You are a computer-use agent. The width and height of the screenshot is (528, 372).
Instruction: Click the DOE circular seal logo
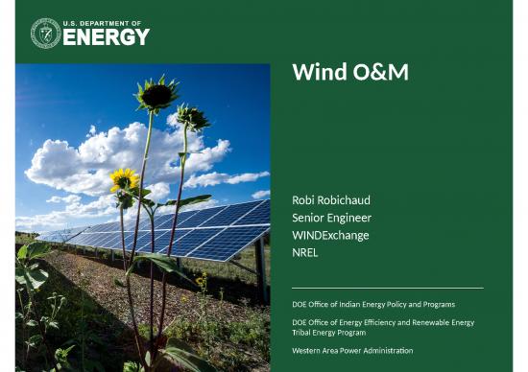(x=45, y=33)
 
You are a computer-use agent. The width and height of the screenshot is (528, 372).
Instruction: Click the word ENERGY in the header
(x=106, y=37)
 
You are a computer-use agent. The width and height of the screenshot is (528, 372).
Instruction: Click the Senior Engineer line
(x=331, y=218)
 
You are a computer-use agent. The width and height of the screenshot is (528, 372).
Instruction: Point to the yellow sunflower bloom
(x=123, y=179)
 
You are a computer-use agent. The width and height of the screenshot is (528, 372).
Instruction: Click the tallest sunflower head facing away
(x=156, y=95)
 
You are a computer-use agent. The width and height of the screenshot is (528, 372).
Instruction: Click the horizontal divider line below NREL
(x=387, y=287)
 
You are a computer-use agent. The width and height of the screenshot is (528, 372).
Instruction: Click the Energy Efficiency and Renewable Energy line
(x=382, y=321)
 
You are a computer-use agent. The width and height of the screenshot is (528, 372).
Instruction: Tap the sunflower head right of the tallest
(x=193, y=117)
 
